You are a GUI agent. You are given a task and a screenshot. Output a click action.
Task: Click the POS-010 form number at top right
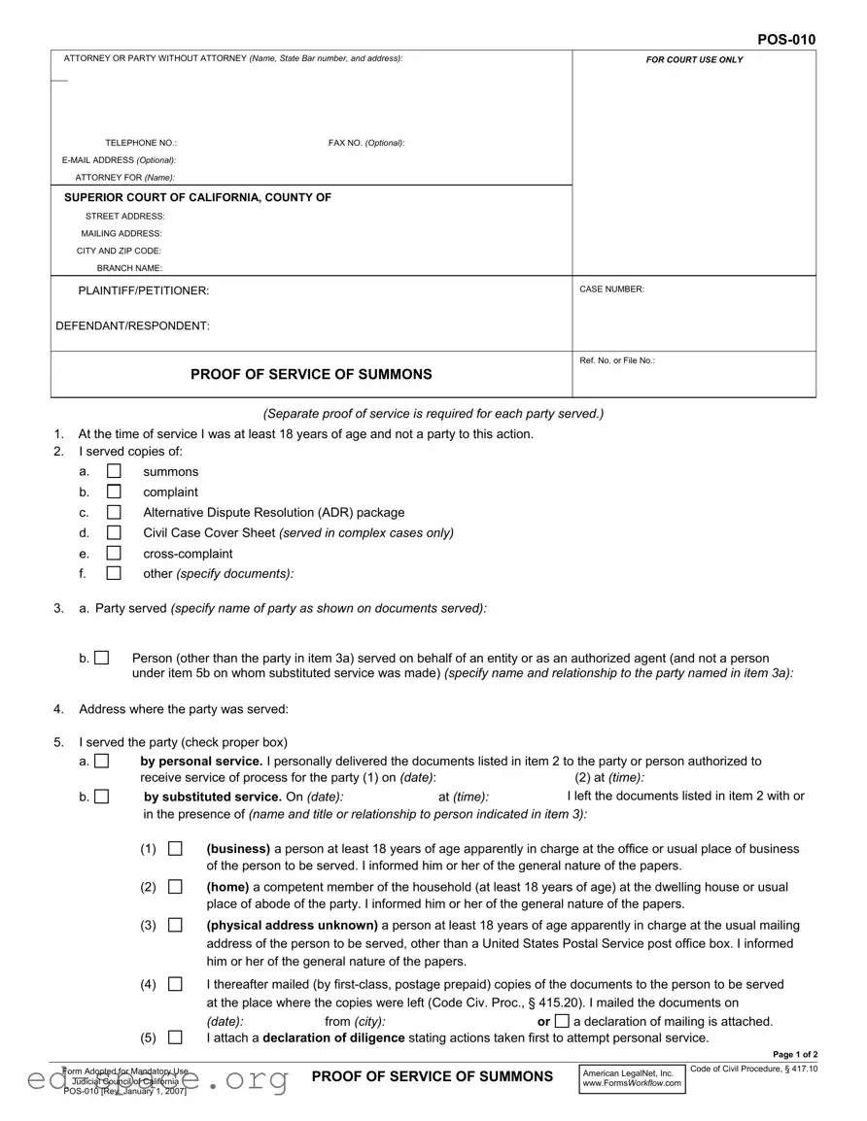point(786,40)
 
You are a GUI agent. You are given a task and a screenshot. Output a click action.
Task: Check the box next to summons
point(114,471)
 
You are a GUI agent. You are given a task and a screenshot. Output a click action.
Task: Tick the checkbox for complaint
point(114,492)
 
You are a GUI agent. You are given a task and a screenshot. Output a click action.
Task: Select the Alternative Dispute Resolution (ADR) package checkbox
point(114,512)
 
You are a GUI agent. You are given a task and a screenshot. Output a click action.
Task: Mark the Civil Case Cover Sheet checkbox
point(114,532)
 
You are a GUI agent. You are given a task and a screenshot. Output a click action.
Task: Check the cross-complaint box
point(114,554)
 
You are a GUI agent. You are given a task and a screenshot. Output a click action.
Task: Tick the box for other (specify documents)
point(114,573)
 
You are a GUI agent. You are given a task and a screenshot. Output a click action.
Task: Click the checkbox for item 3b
point(102,659)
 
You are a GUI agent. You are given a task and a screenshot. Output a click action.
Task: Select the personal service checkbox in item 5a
point(102,762)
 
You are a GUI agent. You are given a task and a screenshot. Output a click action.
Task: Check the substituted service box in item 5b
point(102,797)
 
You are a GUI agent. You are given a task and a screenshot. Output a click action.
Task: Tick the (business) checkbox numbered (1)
point(175,848)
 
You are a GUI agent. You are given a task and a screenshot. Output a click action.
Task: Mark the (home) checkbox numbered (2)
point(175,887)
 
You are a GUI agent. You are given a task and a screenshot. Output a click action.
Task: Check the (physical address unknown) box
point(175,925)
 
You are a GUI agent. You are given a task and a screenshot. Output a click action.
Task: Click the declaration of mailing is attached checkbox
point(562,1021)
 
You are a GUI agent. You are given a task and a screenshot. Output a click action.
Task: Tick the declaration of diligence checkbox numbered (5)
point(175,1037)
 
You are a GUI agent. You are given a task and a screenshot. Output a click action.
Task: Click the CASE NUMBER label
point(611,289)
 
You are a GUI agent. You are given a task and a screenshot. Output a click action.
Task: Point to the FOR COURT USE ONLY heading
point(694,60)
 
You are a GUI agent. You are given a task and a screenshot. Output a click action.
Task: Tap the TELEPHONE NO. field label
point(141,143)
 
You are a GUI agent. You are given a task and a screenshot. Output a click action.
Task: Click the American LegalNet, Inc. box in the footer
point(632,1078)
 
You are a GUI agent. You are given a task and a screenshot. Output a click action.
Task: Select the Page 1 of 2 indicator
point(794,1055)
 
